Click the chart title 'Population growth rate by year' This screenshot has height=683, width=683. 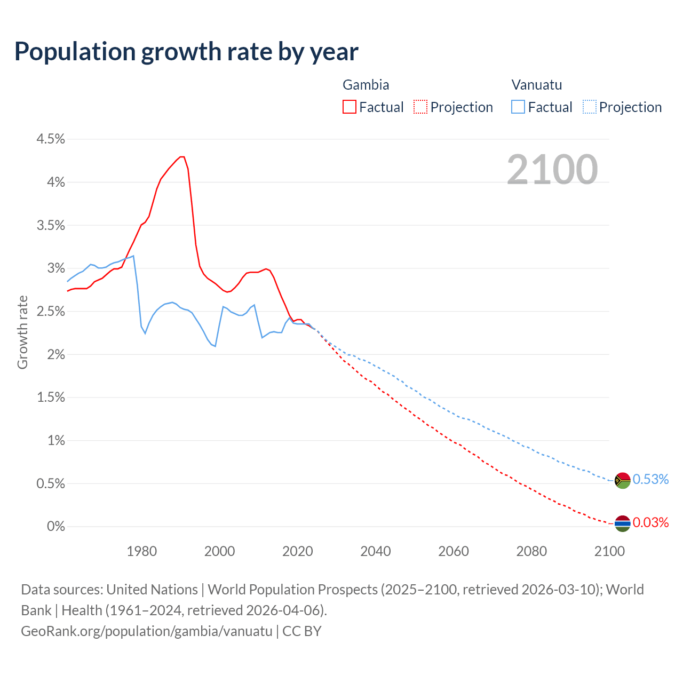coord(186,52)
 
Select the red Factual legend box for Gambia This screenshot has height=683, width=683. coord(350,107)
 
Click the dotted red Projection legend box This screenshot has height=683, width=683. coord(420,107)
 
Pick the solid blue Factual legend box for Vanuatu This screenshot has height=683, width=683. coord(518,107)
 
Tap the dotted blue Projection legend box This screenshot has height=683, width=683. coord(590,107)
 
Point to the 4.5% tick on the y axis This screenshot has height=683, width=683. coord(51,139)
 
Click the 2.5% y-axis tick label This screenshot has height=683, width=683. coord(51,312)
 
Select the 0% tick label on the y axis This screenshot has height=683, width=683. coord(56,527)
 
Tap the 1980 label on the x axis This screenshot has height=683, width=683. coord(142,551)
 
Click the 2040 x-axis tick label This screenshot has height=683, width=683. coord(376,551)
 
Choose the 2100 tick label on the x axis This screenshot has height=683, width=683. coord(609,551)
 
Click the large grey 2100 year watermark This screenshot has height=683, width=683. coord(552,169)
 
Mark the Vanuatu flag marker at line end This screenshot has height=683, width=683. coord(623,480)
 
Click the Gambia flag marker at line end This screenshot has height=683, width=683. coord(623,524)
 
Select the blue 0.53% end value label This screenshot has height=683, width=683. coord(650,479)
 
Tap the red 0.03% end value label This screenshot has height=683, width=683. coord(650,522)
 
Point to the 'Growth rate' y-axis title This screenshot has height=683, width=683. coord(22,332)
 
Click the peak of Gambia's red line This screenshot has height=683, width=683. coord(182,156)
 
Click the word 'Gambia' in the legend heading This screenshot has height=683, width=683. coord(366,85)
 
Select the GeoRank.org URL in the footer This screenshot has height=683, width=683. coord(147,631)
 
